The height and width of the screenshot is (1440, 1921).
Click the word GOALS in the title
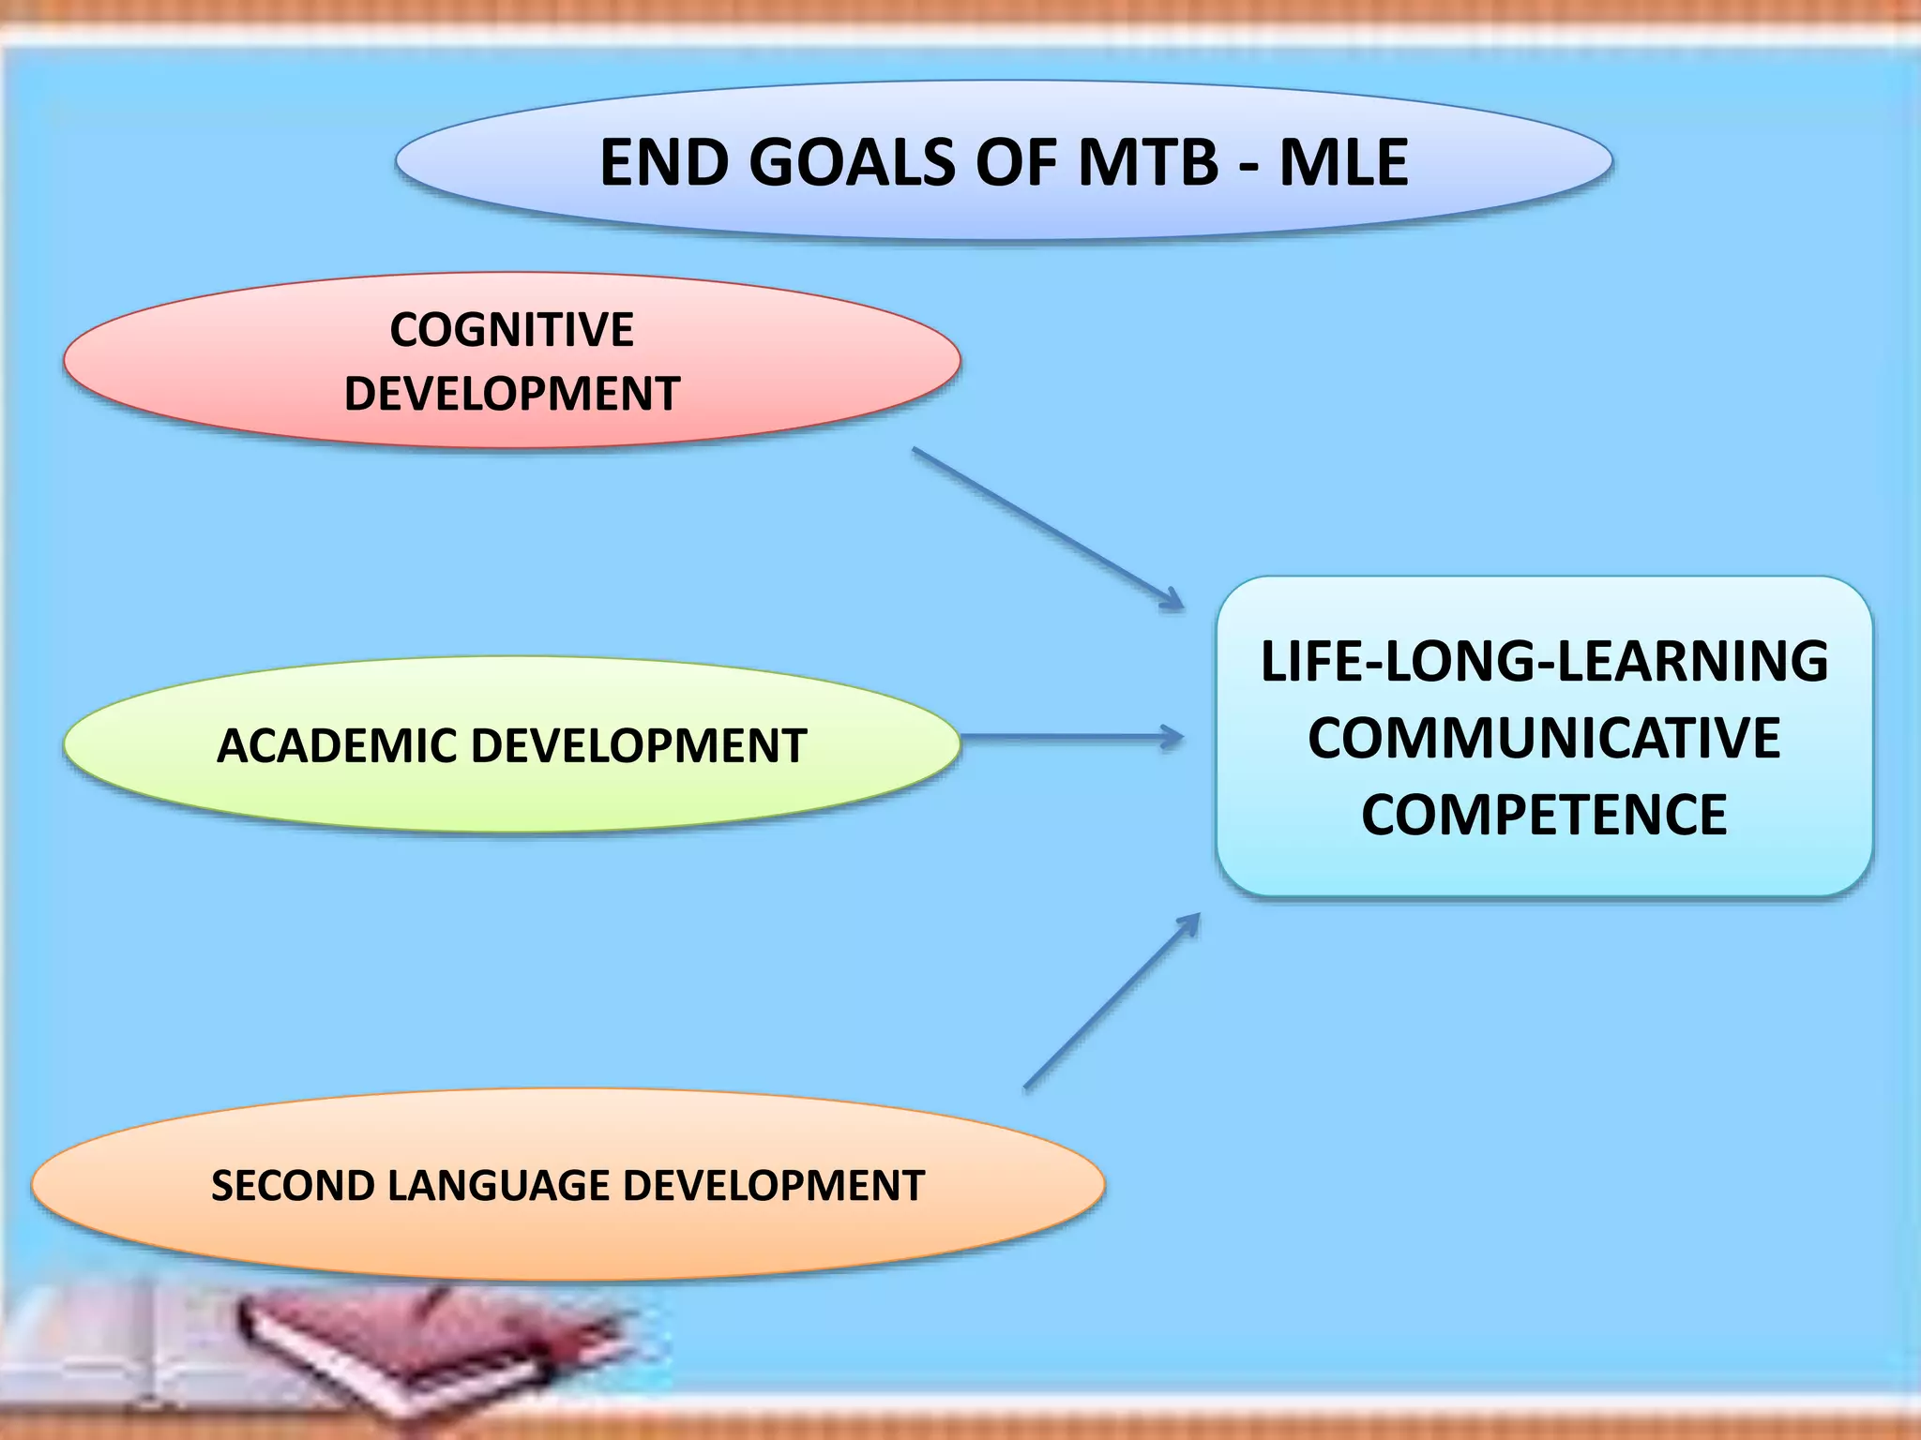pos(853,163)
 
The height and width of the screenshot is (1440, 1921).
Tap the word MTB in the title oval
pos(1148,163)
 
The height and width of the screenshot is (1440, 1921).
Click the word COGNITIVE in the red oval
pos(512,330)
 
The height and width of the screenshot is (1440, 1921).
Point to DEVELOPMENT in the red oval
pos(512,394)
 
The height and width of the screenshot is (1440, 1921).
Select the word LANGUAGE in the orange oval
pos(499,1186)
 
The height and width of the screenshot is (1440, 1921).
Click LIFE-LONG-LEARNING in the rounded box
pos(1544,661)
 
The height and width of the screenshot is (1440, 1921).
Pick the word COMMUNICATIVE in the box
pos(1544,738)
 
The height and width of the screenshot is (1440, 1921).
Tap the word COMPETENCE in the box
pos(1544,815)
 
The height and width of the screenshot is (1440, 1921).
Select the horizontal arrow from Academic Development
pos(1069,738)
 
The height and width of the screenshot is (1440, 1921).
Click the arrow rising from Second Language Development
pos(1112,1001)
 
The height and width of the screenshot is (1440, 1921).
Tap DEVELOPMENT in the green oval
pos(638,746)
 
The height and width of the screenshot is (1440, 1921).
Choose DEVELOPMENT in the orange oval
pos(774,1186)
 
